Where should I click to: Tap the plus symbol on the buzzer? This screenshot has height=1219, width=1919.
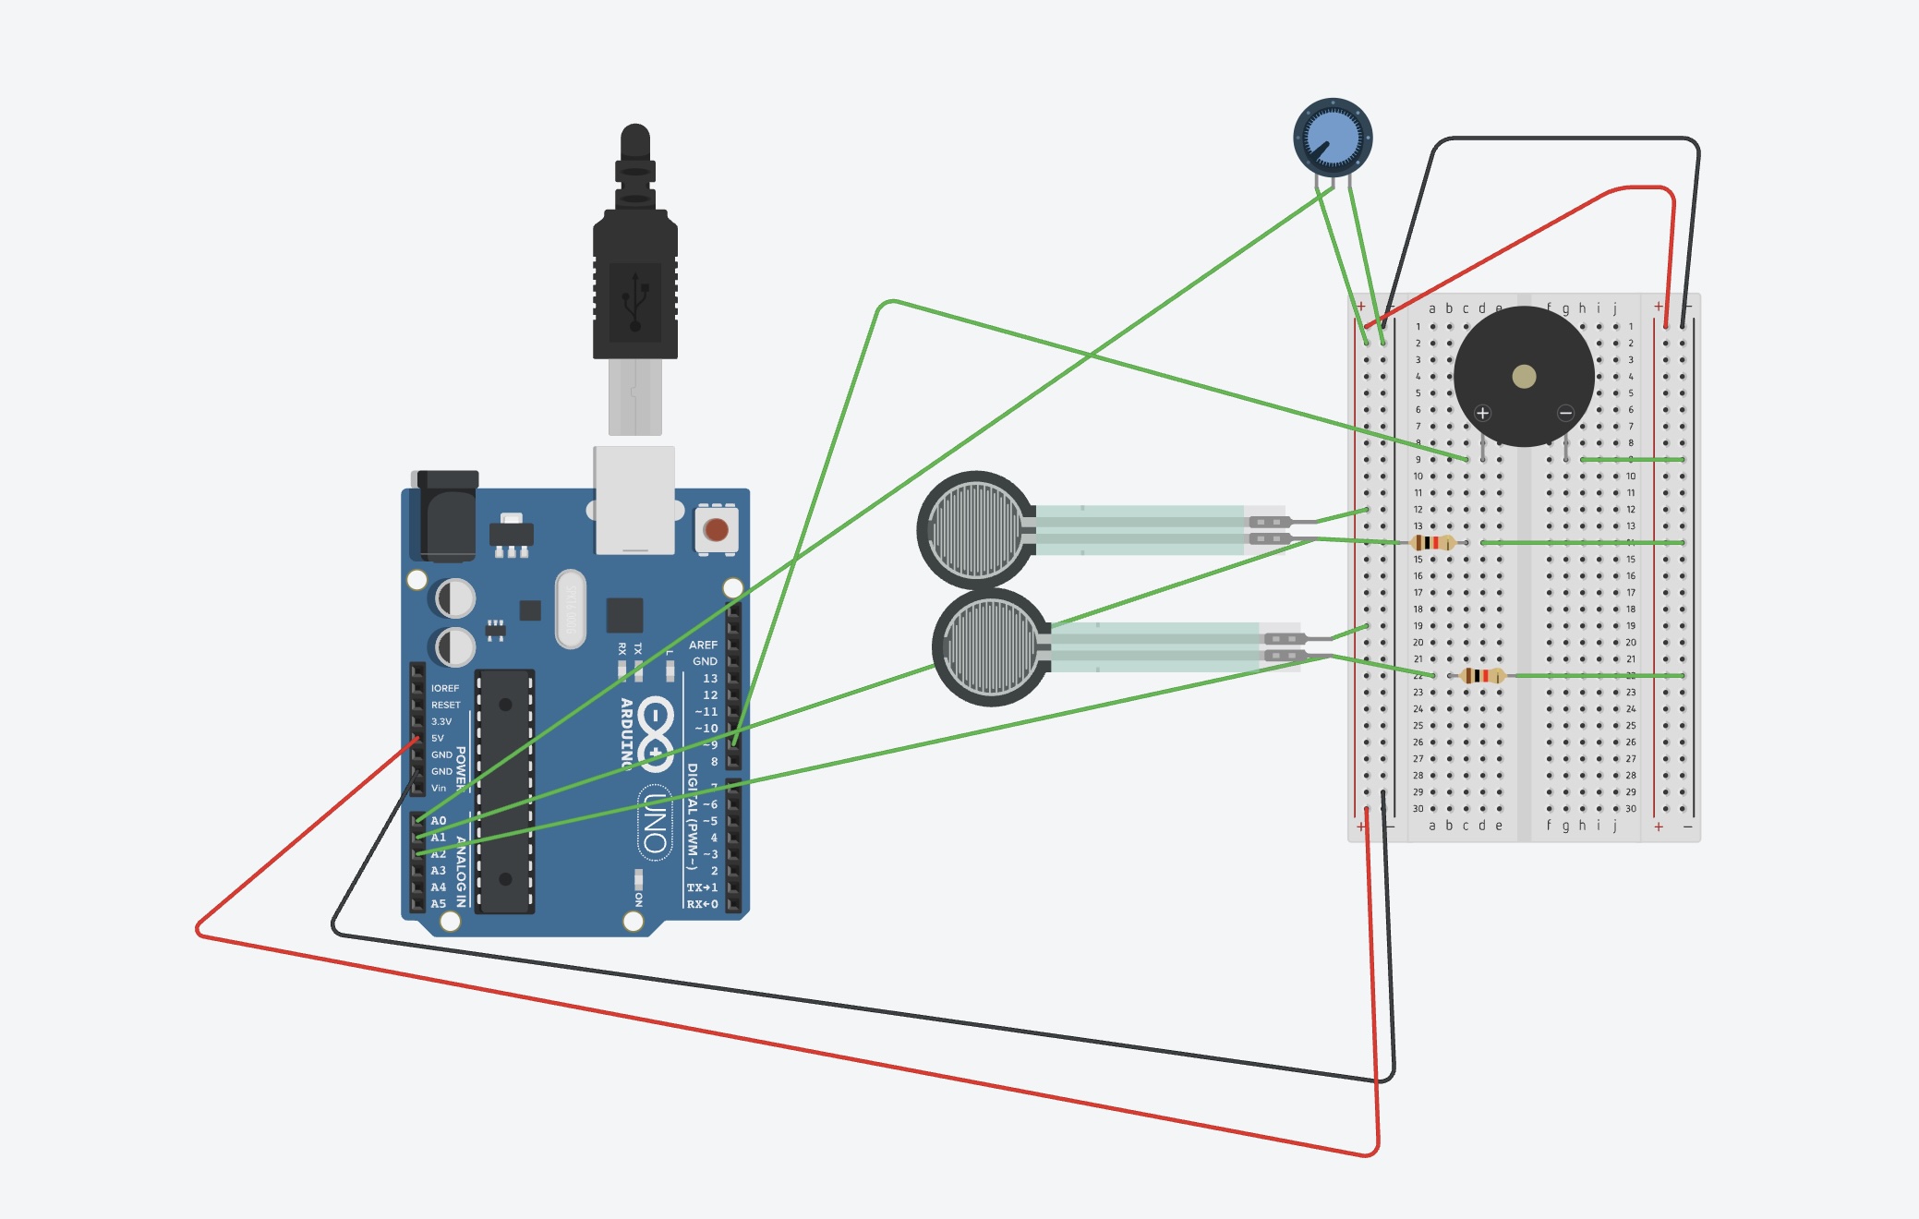[1482, 413]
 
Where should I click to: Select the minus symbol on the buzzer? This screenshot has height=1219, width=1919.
[1565, 413]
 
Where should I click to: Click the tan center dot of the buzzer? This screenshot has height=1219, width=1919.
[1524, 376]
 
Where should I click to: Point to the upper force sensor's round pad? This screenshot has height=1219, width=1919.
[974, 530]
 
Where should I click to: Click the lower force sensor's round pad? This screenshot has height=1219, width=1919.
[990, 646]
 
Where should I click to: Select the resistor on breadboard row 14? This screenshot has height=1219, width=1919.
[1432, 543]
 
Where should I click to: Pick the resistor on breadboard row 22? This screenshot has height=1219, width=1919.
[1482, 676]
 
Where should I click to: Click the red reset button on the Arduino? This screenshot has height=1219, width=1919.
[716, 530]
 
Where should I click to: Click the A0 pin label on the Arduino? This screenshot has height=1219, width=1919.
[439, 820]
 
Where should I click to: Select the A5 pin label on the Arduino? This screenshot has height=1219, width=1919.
[439, 903]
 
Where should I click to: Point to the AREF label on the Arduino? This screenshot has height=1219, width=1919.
[703, 645]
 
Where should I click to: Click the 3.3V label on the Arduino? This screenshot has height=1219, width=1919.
[441, 721]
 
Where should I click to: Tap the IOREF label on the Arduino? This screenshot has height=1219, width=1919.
[444, 688]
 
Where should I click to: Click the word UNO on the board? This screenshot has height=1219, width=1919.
[655, 823]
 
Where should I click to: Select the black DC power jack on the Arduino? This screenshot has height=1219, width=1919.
[447, 517]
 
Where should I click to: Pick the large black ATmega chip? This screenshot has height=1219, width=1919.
[505, 791]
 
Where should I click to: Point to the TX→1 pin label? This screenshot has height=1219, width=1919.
[702, 887]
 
